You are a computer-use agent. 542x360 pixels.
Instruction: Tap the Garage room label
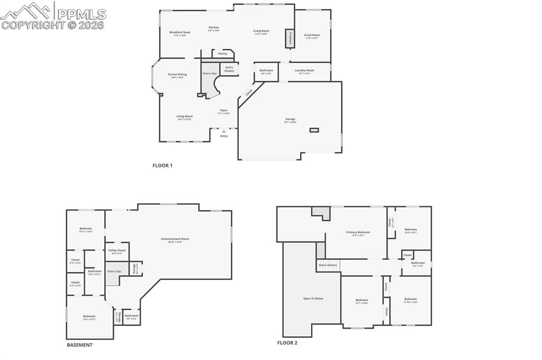[x=291, y=119]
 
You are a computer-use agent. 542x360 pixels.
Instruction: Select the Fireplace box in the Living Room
[x=290, y=39]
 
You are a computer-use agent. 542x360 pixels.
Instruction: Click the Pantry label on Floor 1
[x=223, y=53]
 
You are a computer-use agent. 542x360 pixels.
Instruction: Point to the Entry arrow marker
[x=224, y=131]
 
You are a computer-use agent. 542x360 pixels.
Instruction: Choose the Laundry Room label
[x=304, y=70]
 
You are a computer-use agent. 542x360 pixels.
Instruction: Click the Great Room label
[x=312, y=35]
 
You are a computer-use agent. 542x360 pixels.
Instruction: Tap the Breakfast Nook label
[x=179, y=32]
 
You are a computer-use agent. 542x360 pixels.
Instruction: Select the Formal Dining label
[x=177, y=75]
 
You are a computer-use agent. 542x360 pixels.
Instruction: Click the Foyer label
[x=224, y=111]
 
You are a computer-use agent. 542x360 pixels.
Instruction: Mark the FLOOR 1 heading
[x=162, y=166]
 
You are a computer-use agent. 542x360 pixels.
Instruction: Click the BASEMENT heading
[x=79, y=345]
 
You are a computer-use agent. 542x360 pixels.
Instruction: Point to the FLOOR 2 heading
[x=287, y=343]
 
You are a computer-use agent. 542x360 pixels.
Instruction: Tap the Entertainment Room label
[x=175, y=239]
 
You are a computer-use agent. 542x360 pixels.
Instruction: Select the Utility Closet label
[x=117, y=250]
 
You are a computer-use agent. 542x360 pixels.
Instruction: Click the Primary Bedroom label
[x=358, y=232]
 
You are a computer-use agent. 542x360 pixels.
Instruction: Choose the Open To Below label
[x=313, y=299]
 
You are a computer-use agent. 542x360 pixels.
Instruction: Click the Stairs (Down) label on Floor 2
[x=328, y=265]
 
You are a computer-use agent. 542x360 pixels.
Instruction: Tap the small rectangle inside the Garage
[x=314, y=130]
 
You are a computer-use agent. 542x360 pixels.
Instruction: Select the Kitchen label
[x=214, y=28]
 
